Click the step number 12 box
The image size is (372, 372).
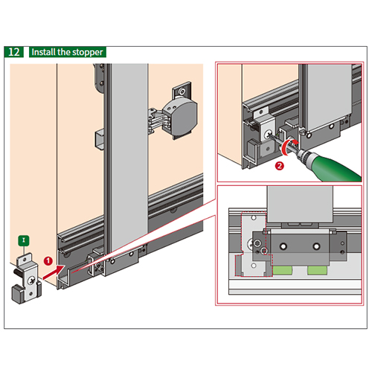(14, 52)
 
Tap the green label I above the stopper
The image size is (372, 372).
(24, 240)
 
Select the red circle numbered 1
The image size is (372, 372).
(48, 261)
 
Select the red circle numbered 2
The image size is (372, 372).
(280, 166)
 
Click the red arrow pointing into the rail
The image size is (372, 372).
(54, 272)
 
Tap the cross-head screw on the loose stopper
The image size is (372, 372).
(31, 281)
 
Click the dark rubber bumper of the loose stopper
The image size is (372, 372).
(18, 295)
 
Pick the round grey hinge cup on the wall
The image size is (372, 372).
(181, 117)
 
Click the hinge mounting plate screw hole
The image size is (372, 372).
(182, 92)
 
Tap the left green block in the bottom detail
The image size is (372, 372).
(282, 270)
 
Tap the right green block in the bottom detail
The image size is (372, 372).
(317, 270)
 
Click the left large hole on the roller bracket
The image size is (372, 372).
(283, 246)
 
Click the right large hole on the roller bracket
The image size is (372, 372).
(316, 246)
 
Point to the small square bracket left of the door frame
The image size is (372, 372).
(99, 139)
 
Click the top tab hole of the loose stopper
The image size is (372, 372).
(25, 259)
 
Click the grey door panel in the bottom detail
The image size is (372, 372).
(300, 204)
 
